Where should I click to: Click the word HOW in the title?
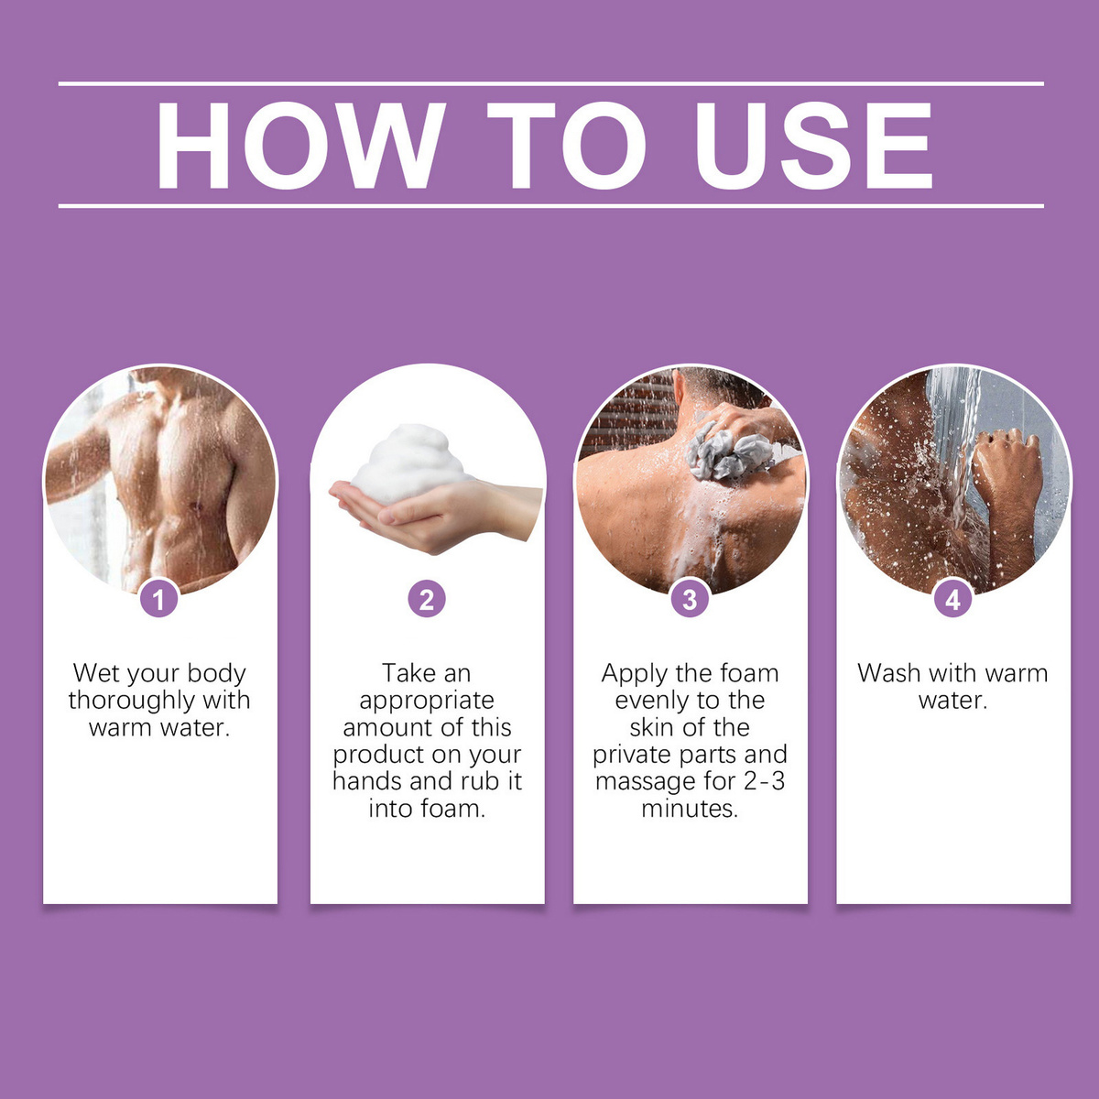[x=300, y=146]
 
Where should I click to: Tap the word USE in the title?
[x=812, y=146]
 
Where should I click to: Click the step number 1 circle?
[x=159, y=599]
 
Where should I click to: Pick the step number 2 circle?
[x=427, y=599]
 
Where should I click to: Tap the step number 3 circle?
[x=691, y=599]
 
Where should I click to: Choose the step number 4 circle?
[x=953, y=599]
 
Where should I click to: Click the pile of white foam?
[x=408, y=465]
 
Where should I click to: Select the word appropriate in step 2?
[x=427, y=701]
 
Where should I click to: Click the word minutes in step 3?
[x=690, y=808]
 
